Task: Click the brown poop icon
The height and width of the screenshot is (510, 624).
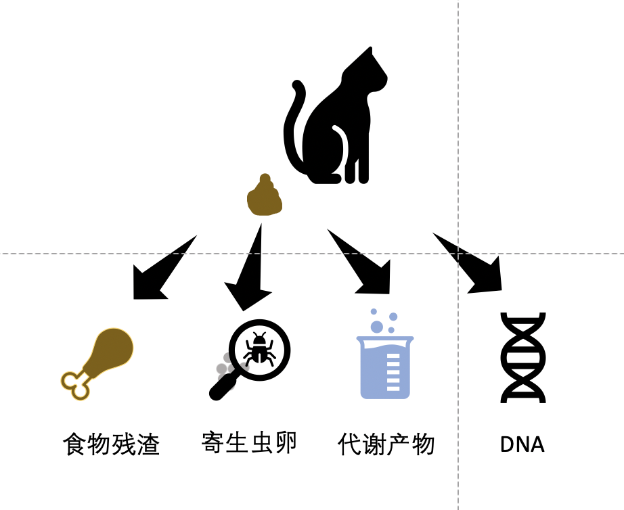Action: tap(264, 195)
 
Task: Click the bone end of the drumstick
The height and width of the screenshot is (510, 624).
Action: tap(76, 385)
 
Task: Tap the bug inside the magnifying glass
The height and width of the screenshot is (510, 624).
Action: tap(259, 350)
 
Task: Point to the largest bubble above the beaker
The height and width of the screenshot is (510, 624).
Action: tap(376, 327)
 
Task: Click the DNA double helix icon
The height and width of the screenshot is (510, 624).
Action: tap(523, 358)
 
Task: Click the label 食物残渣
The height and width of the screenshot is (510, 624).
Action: tap(112, 444)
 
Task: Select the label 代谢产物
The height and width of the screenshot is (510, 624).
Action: tap(386, 444)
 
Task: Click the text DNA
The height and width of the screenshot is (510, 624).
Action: tap(522, 444)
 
